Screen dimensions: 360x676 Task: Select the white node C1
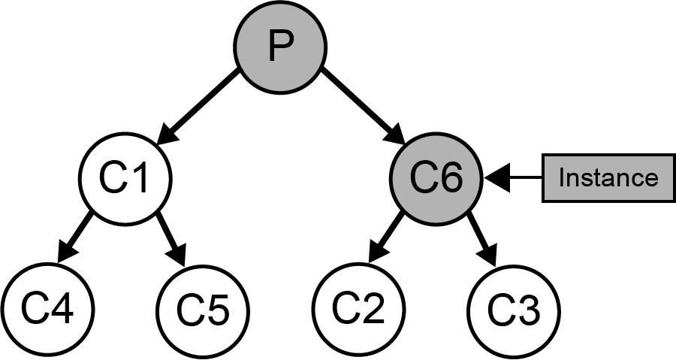coord(125,177)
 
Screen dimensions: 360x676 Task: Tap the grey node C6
coord(436,177)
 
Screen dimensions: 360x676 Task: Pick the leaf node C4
coord(47,308)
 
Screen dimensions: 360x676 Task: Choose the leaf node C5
coord(203,308)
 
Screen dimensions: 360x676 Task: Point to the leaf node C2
coord(358,308)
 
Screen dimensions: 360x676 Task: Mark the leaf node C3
coord(514,308)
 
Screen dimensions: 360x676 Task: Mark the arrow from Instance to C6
coord(518,178)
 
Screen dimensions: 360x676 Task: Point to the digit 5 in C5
coord(216,309)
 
